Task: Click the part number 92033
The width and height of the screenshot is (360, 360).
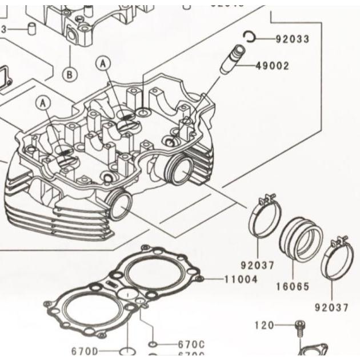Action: coord(292,39)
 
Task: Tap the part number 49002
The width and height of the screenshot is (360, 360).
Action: coord(272,66)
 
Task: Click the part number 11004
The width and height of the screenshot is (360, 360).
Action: coord(240,279)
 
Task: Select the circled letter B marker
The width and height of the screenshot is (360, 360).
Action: coord(70,74)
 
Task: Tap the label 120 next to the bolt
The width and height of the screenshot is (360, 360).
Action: coord(264,326)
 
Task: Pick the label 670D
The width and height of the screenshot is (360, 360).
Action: coord(85,351)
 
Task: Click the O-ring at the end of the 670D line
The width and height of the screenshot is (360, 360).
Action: coord(127,350)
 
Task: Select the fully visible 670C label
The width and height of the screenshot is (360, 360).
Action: coord(191,344)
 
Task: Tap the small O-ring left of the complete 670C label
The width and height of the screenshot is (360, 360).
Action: coord(153,344)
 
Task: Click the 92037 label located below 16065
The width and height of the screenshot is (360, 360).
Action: coord(332,307)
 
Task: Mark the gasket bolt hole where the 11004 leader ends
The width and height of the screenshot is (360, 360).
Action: coord(199,279)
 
